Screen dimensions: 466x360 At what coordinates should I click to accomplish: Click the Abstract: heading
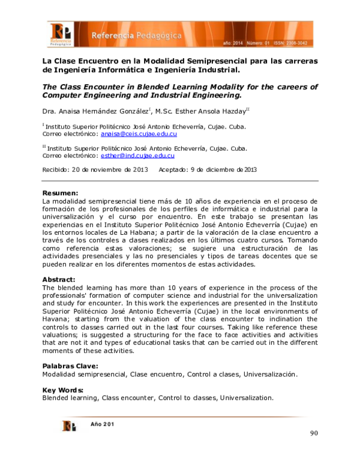59,280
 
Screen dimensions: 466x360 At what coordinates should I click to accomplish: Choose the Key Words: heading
62,390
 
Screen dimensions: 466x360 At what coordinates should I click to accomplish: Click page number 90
314,434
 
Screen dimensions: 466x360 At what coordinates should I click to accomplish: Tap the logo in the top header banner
61,35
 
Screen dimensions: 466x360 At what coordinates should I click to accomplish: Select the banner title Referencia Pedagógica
137,36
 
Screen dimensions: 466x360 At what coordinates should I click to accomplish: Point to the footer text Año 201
103,424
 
